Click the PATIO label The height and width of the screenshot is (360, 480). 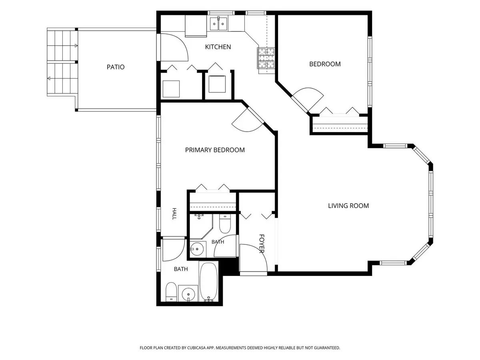coord(116,67)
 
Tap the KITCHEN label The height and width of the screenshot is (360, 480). coord(218,47)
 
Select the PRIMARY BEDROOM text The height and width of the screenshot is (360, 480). coord(215,150)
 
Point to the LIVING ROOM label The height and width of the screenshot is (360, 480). coord(348,206)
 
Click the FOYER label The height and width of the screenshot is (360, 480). coord(262,244)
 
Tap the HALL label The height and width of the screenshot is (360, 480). coord(174,214)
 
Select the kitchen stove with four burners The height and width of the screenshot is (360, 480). coord(266,58)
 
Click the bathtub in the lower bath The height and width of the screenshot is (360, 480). coord(208,282)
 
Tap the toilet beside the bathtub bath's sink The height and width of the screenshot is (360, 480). coord(171,292)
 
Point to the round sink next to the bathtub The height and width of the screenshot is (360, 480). coord(188,293)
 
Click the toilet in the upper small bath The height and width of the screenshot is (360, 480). coord(225,224)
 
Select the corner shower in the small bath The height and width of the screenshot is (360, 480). coord(201,226)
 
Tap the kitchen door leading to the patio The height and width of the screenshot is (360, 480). coord(174,47)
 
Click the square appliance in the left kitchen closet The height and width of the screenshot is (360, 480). coord(171,89)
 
